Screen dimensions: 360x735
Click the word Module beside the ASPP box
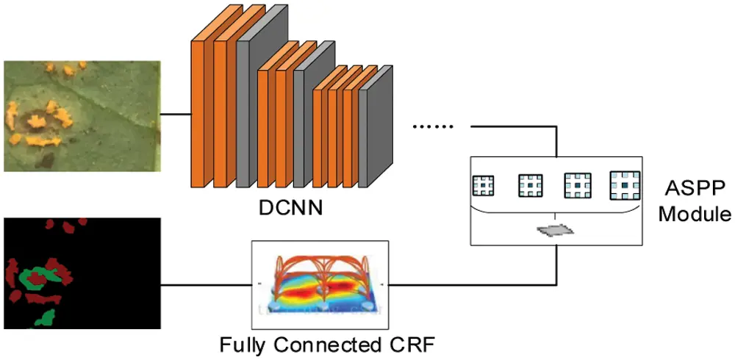(694, 215)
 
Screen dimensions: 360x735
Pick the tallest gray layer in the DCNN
(254, 103)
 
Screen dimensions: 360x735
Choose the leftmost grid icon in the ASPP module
(483, 185)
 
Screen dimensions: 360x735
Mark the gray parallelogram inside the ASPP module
(556, 230)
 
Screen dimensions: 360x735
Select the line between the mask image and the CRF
(206, 284)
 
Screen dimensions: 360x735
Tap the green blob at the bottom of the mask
(47, 317)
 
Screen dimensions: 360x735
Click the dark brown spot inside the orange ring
(34, 118)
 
